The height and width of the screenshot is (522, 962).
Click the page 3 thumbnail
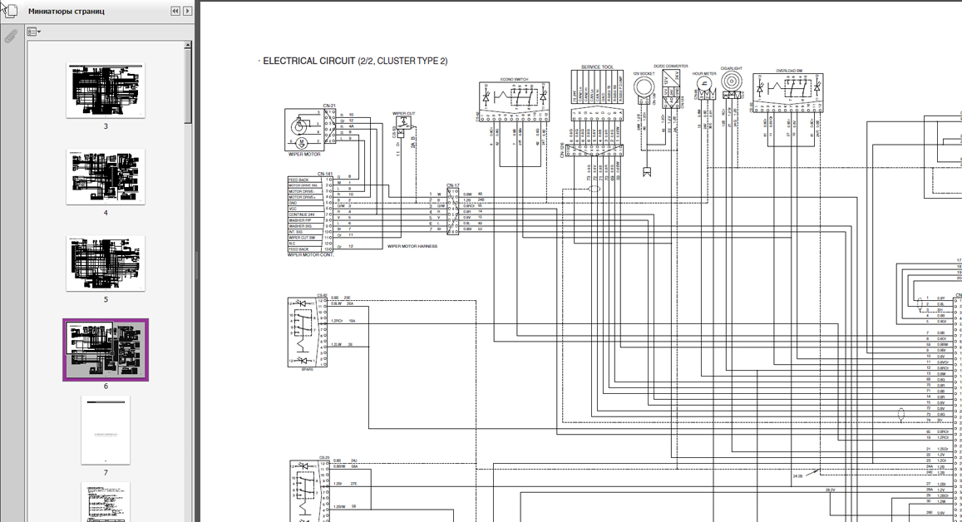pyautogui.click(x=106, y=90)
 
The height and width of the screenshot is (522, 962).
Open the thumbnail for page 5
pyautogui.click(x=106, y=263)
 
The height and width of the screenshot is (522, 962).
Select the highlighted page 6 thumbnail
pyautogui.click(x=106, y=350)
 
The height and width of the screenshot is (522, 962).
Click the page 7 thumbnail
pyautogui.click(x=106, y=431)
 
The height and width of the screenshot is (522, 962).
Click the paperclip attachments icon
pyautogui.click(x=11, y=37)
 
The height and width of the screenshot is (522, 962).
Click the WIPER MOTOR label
pyautogui.click(x=303, y=155)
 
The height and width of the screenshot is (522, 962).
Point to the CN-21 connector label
pyautogui.click(x=329, y=106)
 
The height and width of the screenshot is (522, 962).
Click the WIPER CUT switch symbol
pyautogui.click(x=403, y=123)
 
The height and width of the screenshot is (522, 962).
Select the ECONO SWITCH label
pyautogui.click(x=514, y=80)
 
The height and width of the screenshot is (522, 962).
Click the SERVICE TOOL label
pyautogui.click(x=597, y=67)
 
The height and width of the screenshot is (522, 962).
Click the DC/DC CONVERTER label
pyautogui.click(x=670, y=66)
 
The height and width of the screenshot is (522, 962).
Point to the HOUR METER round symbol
pyautogui.click(x=704, y=84)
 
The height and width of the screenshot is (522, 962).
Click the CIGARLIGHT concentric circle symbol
pyautogui.click(x=731, y=81)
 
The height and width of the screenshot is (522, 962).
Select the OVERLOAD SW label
pyautogui.click(x=788, y=71)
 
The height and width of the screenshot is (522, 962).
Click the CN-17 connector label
pyautogui.click(x=452, y=185)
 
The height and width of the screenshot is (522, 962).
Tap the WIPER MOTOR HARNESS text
pyautogui.click(x=412, y=246)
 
